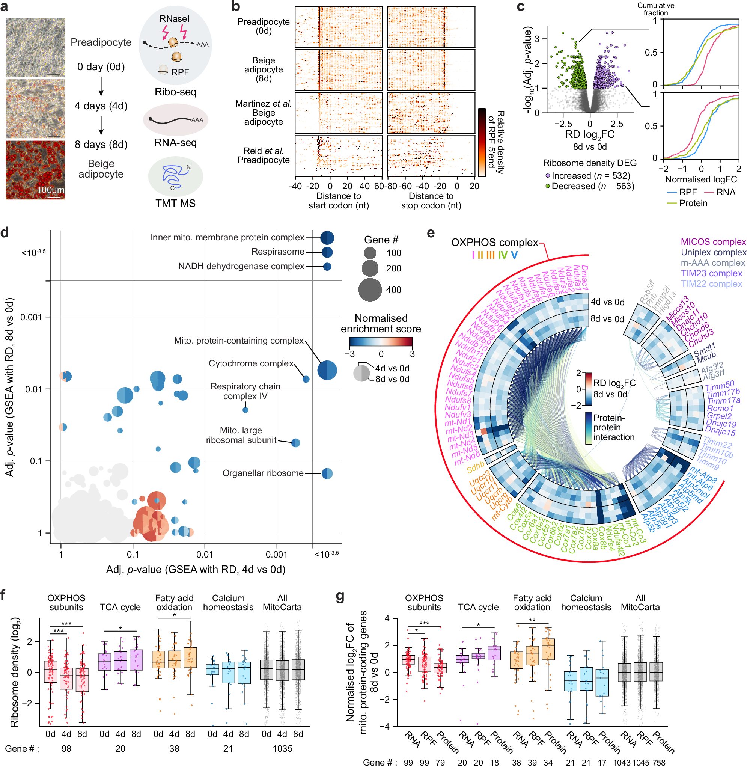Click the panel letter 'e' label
431,233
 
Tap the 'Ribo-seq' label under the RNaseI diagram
175,92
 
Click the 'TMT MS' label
175,203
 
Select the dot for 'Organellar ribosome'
327,473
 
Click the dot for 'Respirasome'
327,252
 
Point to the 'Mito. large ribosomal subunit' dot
295,443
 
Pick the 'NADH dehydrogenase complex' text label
241,267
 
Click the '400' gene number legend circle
370,290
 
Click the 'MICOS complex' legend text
713,242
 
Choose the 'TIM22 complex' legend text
711,284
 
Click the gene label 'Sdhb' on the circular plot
475,467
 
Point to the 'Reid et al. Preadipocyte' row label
263,155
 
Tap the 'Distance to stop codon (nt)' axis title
431,201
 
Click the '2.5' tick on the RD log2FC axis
616,124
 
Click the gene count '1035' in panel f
283,749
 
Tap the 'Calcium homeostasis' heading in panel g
586,603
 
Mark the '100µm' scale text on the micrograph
50,190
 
